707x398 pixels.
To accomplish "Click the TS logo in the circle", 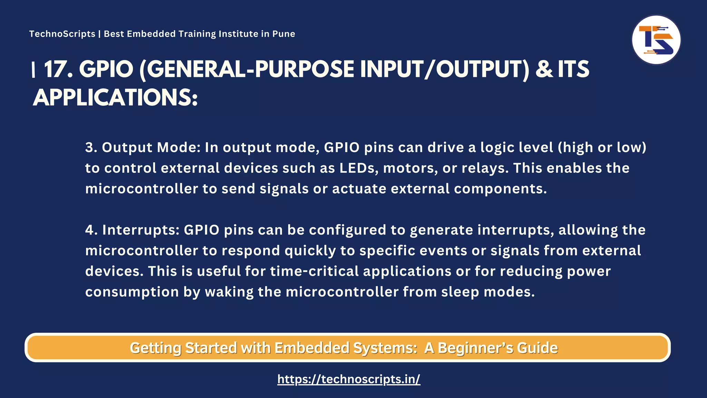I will pos(656,40).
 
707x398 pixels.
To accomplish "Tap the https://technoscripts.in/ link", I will pos(349,379).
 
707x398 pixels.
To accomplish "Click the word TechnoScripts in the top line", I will pos(62,34).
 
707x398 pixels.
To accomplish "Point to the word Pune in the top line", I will pos(283,34).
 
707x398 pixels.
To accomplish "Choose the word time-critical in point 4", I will pos(314,271).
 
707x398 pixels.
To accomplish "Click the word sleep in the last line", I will pos(460,292).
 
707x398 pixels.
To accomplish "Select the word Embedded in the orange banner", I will pos(312,348).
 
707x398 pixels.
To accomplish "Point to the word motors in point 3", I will pos(410,168).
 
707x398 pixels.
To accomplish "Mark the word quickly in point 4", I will pos(310,251).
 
